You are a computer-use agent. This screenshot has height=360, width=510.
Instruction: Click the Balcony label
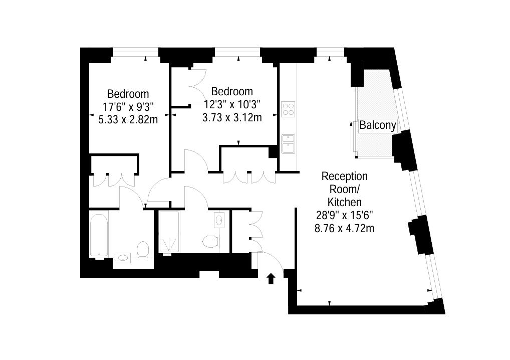(378, 125)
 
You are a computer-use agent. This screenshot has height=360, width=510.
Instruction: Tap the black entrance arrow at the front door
(271, 279)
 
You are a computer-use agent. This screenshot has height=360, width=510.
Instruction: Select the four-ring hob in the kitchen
(288, 109)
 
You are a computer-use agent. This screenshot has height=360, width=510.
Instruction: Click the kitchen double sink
(288, 143)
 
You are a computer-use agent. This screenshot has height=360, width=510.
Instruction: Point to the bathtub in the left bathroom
(99, 235)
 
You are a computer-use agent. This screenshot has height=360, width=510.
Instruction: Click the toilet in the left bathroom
(143, 250)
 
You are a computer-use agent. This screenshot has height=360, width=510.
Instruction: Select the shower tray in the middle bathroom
(169, 232)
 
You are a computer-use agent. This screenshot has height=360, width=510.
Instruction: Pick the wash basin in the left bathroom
(123, 258)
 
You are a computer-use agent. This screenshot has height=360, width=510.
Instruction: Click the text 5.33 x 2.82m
(128, 120)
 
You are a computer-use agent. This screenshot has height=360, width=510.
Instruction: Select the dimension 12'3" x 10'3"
(232, 104)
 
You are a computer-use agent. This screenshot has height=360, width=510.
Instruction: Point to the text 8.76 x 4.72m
(345, 228)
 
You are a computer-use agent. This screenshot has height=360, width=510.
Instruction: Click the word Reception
(345, 176)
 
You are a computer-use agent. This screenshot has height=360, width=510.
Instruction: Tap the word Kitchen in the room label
(345, 202)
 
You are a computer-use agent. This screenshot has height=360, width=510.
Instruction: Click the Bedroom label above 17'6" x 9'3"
(128, 94)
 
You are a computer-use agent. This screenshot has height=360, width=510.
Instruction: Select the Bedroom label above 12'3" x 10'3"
(232, 91)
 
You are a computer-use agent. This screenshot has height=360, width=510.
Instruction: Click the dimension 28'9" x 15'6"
(345, 215)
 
